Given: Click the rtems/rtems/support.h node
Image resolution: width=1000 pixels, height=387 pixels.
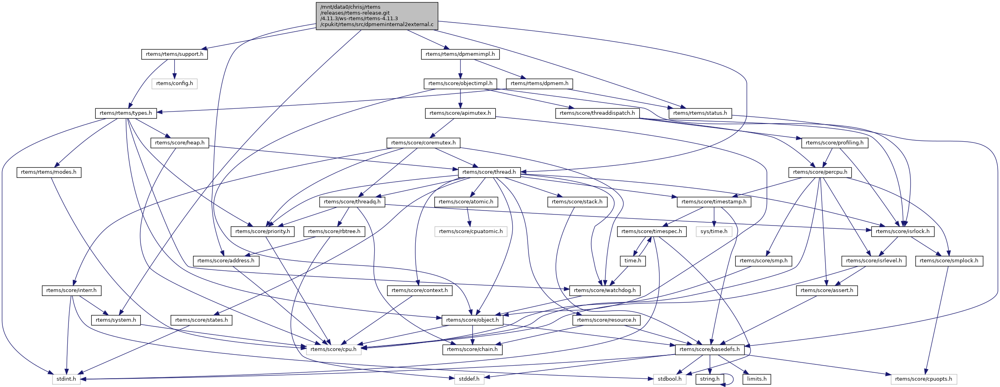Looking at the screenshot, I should [174, 54].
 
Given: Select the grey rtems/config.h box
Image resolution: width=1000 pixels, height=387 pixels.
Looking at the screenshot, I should [174, 83].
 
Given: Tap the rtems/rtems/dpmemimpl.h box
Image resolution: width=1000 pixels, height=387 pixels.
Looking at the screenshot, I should [460, 54].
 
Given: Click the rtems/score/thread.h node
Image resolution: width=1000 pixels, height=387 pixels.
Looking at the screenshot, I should [489, 172].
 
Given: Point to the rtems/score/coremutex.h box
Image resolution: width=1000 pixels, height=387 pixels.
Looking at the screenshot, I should [423, 142].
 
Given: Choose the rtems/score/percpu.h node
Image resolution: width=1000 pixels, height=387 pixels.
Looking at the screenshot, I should [820, 172].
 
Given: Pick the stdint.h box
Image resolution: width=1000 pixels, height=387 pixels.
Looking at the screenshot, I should [66, 379].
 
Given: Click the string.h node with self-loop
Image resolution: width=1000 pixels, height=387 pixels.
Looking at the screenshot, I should [710, 379].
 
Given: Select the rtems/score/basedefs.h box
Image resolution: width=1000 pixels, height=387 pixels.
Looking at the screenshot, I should [709, 349].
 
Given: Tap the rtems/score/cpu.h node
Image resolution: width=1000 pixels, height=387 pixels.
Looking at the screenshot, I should [333, 349].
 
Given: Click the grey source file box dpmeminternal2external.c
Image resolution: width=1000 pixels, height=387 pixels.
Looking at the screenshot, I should [377, 16].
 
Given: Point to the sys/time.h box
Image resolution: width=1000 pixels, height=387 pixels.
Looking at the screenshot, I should [714, 231].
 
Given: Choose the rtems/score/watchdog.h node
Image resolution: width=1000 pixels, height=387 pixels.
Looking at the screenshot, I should [604, 290].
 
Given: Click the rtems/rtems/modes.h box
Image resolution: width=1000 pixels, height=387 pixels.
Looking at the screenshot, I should [49, 172].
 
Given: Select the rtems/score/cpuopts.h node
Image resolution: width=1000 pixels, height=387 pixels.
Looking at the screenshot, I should [924, 379].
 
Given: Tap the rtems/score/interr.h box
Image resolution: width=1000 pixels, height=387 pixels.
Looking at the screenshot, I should [71, 290].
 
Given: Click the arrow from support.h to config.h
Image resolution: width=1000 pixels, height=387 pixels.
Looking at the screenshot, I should [174, 69].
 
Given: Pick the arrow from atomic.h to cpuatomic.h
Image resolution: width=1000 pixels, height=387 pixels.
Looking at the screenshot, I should [468, 216].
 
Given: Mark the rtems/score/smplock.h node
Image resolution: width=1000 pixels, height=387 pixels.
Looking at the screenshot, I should [949, 261].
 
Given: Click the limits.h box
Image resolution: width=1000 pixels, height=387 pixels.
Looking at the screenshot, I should [757, 379].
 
